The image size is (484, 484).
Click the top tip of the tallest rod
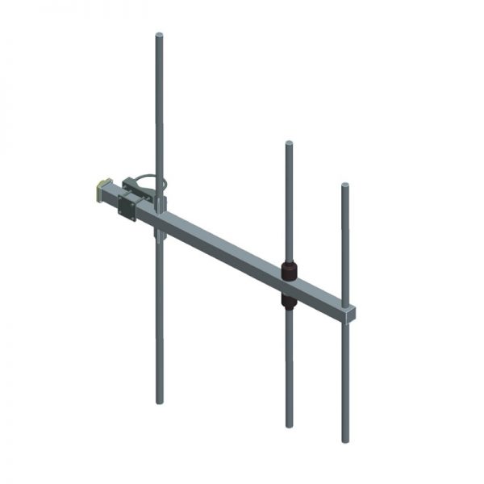[x=159, y=35]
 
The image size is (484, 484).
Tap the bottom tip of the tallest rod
[x=160, y=402]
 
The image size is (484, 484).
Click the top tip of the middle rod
[x=288, y=144]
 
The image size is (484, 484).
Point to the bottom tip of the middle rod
[x=289, y=424]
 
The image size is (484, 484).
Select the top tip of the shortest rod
[x=344, y=186]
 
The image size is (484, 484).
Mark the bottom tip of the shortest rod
[x=345, y=441]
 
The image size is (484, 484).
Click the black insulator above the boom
[x=288, y=269]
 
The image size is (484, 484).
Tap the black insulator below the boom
[x=289, y=301]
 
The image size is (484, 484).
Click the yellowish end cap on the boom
[x=102, y=191]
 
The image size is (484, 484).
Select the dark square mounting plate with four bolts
[x=127, y=207]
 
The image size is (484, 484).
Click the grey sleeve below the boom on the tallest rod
[x=160, y=235]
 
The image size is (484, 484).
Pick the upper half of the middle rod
[x=288, y=202]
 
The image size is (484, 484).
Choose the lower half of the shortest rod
[x=345, y=379]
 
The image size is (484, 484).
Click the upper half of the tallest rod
[x=159, y=105]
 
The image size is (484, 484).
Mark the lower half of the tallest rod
[x=160, y=323]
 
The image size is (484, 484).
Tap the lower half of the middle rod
[x=289, y=363]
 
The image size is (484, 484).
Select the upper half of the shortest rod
[x=344, y=242]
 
